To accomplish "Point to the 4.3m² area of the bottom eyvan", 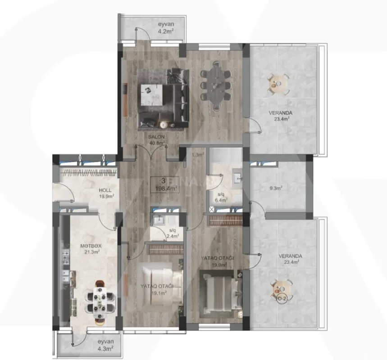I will [106, 348].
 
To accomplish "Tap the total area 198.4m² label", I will [166, 189].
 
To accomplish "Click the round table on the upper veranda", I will [278, 83].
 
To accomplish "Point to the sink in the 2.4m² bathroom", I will [159, 220].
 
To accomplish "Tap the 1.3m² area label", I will [197, 154].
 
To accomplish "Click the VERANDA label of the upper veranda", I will [282, 113].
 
